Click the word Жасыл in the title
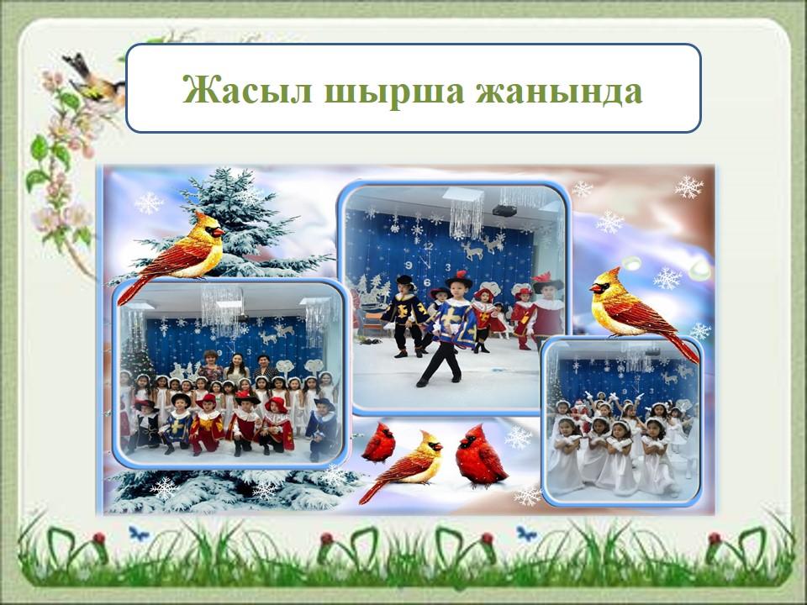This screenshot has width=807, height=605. tap(247, 90)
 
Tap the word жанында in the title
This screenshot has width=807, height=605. tap(558, 91)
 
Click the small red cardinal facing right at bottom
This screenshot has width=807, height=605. tap(379, 444)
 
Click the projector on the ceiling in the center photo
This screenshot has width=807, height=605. tap(504, 211)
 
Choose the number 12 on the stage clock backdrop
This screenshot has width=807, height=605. tap(428, 246)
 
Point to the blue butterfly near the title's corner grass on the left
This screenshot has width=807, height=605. tap(139, 533)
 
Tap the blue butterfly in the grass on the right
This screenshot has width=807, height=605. tap(526, 534)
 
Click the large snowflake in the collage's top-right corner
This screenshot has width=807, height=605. tap(688, 187)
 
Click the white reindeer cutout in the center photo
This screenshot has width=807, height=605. tap(472, 250)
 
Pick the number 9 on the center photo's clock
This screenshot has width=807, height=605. tap(409, 266)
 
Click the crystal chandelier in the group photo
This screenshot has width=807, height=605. tap(221, 308)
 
